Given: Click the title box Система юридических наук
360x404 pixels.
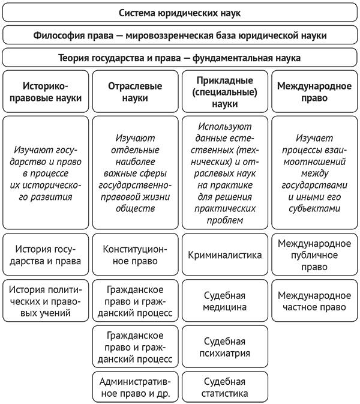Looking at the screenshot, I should pyautogui.click(x=180, y=12).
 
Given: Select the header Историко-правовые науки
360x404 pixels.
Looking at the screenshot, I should pyautogui.click(x=46, y=91).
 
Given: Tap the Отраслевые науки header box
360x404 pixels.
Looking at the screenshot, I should pyautogui.click(x=135, y=91).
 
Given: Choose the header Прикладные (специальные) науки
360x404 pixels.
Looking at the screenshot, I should pyautogui.click(x=224, y=91).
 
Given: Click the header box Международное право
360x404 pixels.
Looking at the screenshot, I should pyautogui.click(x=314, y=91).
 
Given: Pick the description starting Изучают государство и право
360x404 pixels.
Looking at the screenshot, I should pyautogui.click(x=46, y=172).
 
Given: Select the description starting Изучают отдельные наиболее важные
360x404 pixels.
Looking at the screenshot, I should pyautogui.click(x=135, y=172).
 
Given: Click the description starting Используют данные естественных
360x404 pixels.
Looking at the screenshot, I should pyautogui.click(x=224, y=172).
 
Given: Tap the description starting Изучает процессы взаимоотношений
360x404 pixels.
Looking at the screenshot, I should pyautogui.click(x=314, y=172).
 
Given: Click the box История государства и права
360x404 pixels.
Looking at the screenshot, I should pyautogui.click(x=46, y=255).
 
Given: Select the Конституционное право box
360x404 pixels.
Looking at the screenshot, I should pyautogui.click(x=135, y=255).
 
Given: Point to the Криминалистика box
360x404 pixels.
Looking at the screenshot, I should pyautogui.click(x=224, y=255).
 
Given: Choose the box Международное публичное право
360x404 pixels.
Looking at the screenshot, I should pyautogui.click(x=314, y=255).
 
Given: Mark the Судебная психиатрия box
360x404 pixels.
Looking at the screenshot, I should pyautogui.click(x=224, y=346).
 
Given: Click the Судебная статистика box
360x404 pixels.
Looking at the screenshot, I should pyautogui.click(x=224, y=387).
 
